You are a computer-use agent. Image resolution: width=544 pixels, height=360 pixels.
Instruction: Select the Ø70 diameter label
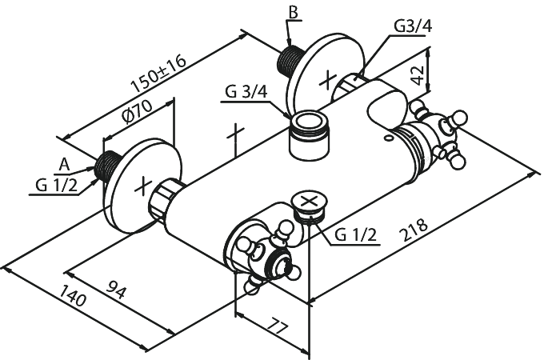(138, 111)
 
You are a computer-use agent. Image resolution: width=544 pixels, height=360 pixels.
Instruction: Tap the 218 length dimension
(415, 230)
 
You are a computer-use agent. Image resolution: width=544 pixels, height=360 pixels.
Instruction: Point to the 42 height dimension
(418, 74)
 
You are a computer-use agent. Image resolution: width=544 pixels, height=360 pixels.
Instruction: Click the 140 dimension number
(73, 295)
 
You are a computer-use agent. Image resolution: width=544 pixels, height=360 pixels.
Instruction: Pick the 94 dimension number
(116, 290)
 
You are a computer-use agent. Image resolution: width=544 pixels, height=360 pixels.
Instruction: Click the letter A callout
(64, 165)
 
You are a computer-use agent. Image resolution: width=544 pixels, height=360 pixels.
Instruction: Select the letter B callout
(293, 13)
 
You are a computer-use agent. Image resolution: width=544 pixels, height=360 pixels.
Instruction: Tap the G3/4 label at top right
(414, 26)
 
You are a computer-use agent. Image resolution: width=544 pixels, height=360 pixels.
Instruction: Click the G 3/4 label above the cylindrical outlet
(246, 92)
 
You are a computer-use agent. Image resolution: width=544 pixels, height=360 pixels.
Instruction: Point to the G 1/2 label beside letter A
(56, 186)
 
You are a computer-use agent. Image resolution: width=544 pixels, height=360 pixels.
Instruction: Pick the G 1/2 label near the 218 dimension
(355, 235)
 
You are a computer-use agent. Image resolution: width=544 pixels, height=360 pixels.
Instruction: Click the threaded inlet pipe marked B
(290, 58)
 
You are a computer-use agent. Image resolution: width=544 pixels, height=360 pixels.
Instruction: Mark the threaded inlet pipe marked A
(107, 166)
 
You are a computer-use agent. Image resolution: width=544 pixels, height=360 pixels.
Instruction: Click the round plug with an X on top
(310, 205)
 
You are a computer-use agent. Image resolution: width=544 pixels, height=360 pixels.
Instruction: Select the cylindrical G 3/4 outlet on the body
(309, 135)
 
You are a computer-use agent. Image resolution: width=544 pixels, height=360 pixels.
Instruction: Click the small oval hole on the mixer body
(389, 138)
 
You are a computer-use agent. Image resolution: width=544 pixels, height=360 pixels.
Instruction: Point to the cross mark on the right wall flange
(328, 79)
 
